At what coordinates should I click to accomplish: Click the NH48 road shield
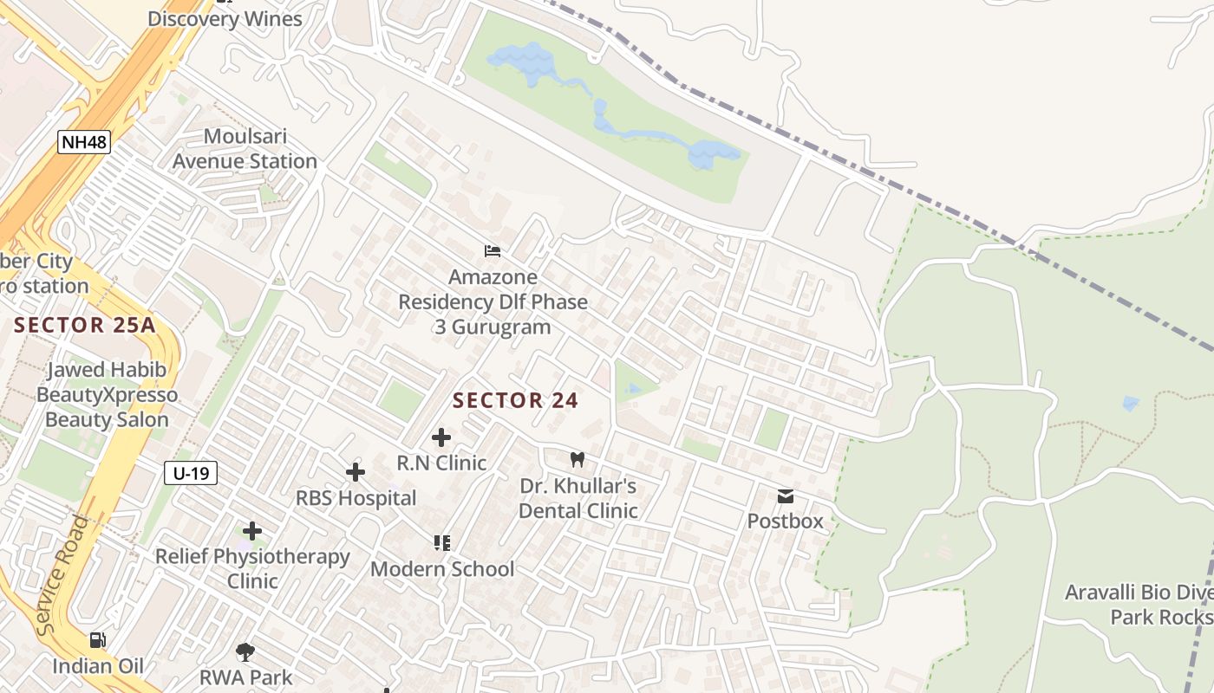pyautogui.click(x=84, y=142)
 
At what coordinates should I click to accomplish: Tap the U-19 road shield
pyautogui.click(x=190, y=473)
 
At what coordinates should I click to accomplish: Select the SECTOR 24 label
pyautogui.click(x=515, y=400)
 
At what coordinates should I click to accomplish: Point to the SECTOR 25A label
pyautogui.click(x=85, y=326)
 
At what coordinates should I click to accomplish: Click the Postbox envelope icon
pyautogui.click(x=786, y=496)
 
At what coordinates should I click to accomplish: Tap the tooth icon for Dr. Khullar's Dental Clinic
pyautogui.click(x=578, y=459)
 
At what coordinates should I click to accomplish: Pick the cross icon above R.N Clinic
pyautogui.click(x=441, y=437)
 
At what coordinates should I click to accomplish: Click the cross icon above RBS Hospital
pyautogui.click(x=356, y=472)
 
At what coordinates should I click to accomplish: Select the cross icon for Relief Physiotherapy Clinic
pyautogui.click(x=252, y=530)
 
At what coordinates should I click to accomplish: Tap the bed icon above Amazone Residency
pyautogui.click(x=493, y=251)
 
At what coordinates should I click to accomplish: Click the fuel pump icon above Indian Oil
pyautogui.click(x=98, y=640)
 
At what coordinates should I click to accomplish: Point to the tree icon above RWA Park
pyautogui.click(x=245, y=651)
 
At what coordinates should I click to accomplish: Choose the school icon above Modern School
pyautogui.click(x=442, y=543)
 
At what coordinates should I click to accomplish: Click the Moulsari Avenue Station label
pyautogui.click(x=245, y=149)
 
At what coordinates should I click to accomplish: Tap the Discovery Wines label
pyautogui.click(x=225, y=19)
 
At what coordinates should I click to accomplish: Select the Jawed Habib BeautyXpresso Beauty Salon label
pyautogui.click(x=107, y=395)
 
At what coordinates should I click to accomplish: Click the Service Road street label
pyautogui.click(x=64, y=576)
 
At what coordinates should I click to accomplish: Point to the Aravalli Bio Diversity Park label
pyautogui.click(x=1139, y=605)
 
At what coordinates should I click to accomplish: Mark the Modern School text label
pyautogui.click(x=442, y=569)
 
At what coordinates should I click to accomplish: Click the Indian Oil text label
pyautogui.click(x=98, y=666)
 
